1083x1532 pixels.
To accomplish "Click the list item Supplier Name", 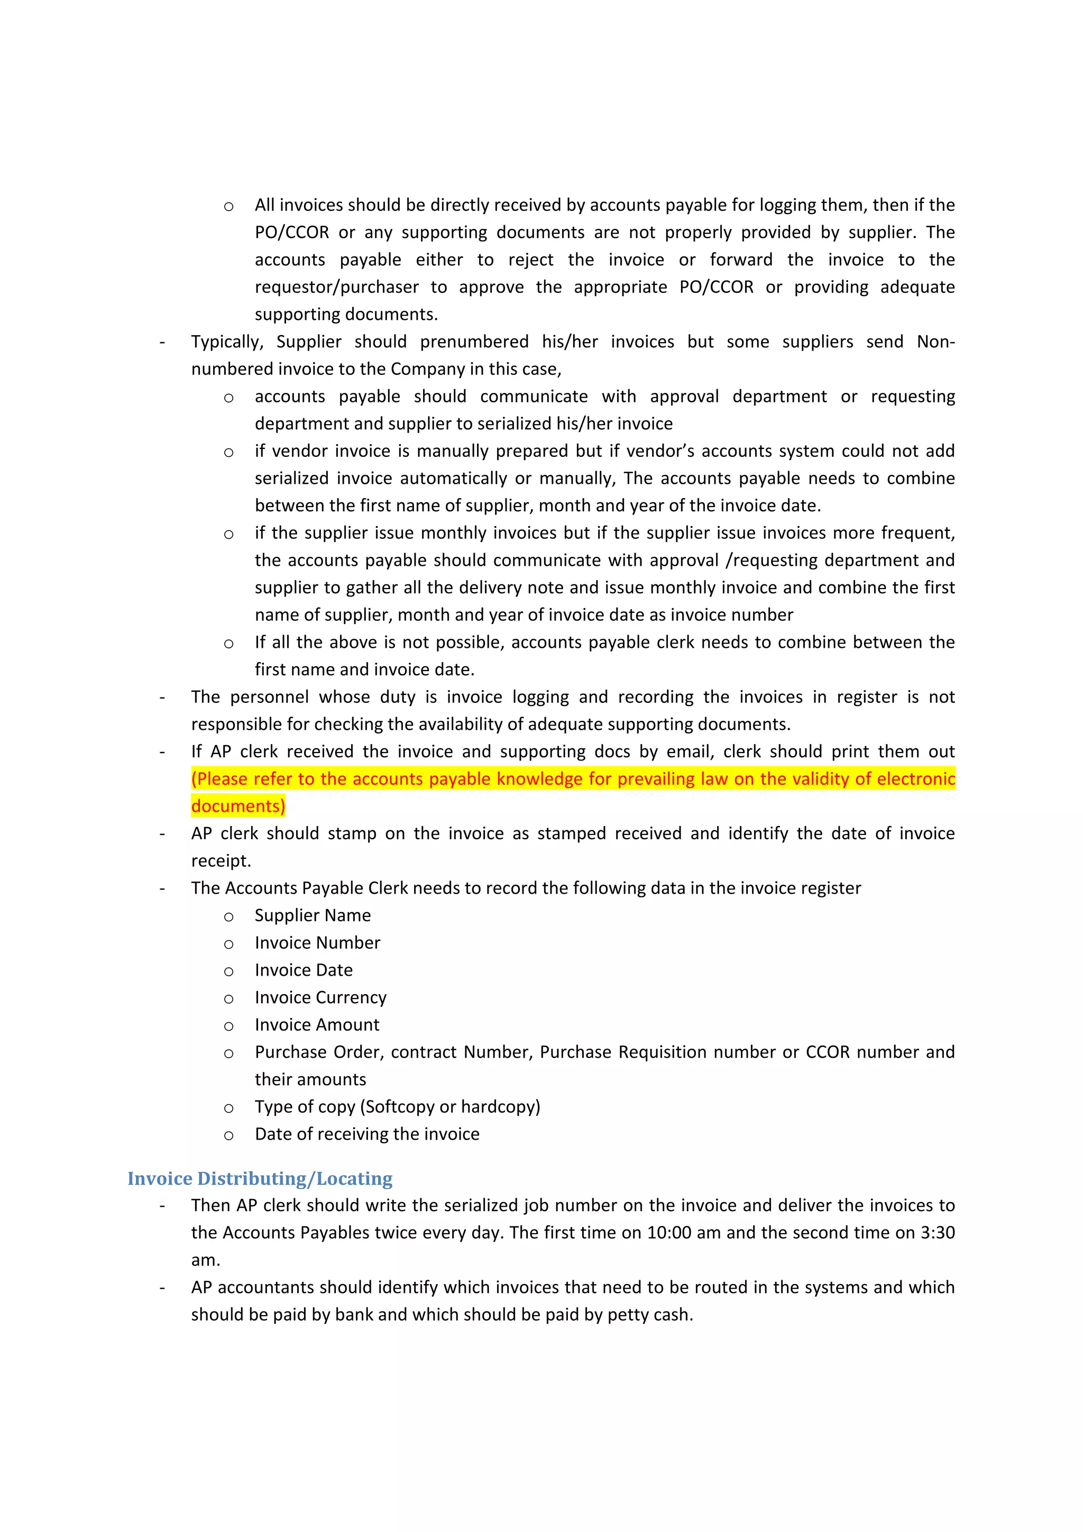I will (313, 915).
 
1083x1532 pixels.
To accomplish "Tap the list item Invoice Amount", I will (316, 1025).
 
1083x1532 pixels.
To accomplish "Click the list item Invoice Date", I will (304, 970).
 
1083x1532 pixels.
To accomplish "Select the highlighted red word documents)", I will (238, 806).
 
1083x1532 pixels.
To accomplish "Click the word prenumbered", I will (474, 342).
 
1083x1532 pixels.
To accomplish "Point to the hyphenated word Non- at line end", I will (935, 342).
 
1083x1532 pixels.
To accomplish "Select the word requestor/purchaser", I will (336, 287).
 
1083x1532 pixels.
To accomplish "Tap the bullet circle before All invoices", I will (228, 207).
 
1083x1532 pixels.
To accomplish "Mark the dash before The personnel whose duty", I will (162, 698).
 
